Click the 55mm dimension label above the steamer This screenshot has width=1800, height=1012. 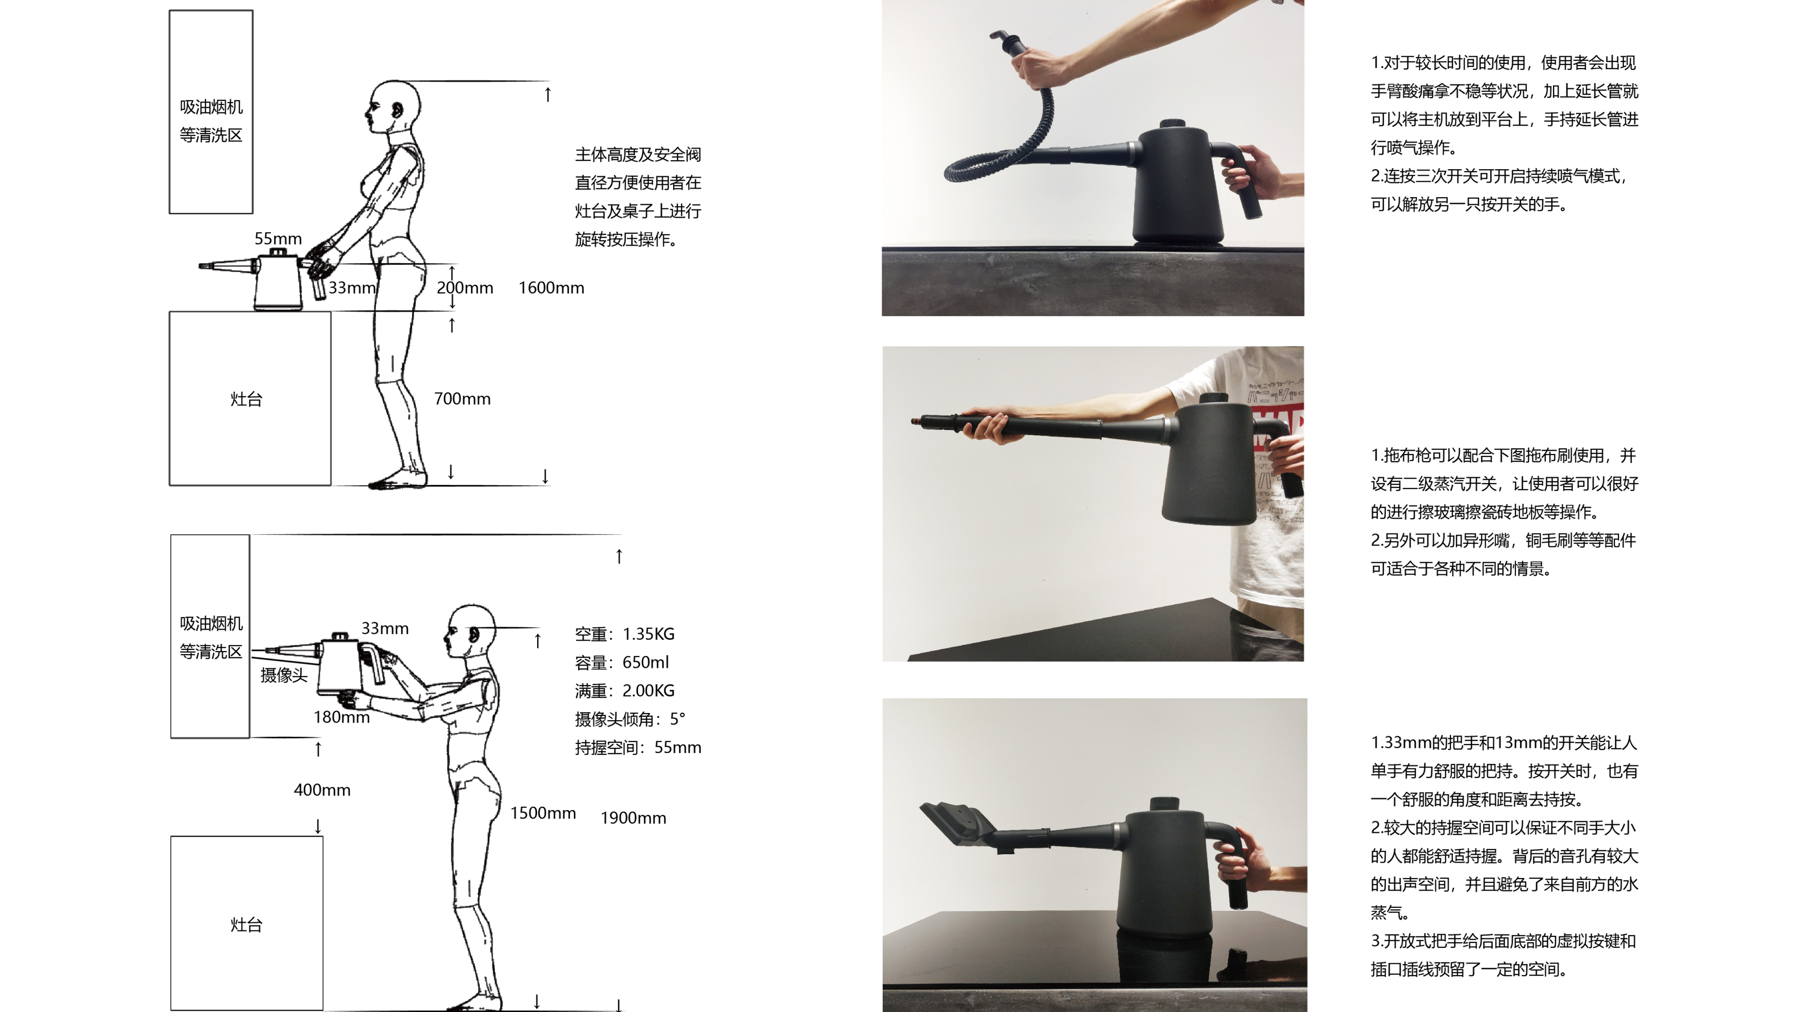click(277, 239)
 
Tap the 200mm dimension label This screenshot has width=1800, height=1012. click(465, 288)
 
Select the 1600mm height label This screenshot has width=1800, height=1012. click(551, 288)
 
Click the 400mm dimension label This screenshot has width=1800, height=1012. click(322, 790)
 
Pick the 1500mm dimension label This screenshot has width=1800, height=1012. click(542, 813)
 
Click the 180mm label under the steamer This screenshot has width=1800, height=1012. click(341, 717)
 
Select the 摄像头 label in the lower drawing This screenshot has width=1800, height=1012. click(284, 675)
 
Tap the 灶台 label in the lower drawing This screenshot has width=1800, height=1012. click(246, 925)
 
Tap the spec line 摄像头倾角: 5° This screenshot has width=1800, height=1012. click(629, 719)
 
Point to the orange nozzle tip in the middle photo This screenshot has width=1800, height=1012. click(915, 421)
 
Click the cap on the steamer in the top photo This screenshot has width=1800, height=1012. click(1172, 124)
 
